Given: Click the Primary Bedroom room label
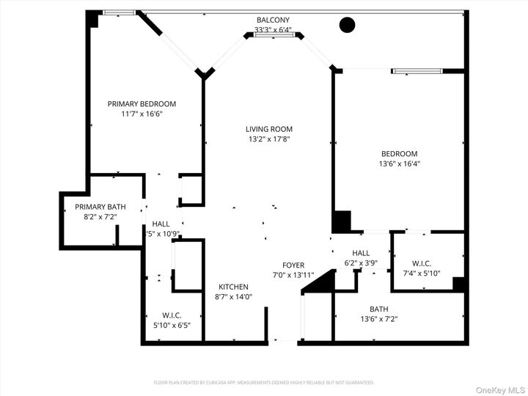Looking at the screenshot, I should pyautogui.click(x=142, y=104).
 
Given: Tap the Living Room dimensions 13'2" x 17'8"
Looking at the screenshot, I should pyautogui.click(x=268, y=139).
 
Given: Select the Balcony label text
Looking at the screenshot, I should pyautogui.click(x=273, y=20).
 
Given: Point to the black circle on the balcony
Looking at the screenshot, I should pyautogui.click(x=347, y=25).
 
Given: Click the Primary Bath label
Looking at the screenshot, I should pyautogui.click(x=100, y=207).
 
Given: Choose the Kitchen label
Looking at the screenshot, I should pyautogui.click(x=233, y=287).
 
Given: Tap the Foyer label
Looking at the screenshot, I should pyautogui.click(x=293, y=265).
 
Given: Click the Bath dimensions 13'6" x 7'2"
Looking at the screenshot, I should pyautogui.click(x=378, y=319).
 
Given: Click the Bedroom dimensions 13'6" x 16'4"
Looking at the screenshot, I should pyautogui.click(x=400, y=164).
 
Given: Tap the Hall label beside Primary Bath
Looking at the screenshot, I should pyautogui.click(x=161, y=224).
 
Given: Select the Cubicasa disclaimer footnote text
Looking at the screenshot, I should pyautogui.click(x=264, y=382).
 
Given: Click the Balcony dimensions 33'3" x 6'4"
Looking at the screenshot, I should pyautogui.click(x=273, y=30).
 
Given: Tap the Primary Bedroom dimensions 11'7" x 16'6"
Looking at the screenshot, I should pyautogui.click(x=142, y=114).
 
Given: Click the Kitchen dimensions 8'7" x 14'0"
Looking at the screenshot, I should pyautogui.click(x=233, y=297).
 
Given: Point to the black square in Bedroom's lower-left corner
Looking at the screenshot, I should pyautogui.click(x=342, y=221).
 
